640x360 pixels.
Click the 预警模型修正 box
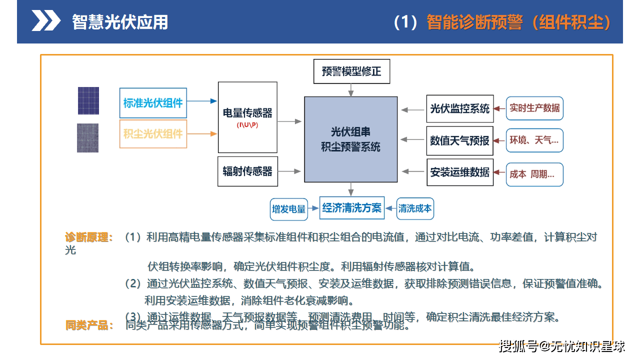coord(351,71)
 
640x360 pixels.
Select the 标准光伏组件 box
coord(153,103)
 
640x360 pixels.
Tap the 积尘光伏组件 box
coord(153,133)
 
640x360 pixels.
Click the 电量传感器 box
coord(247,117)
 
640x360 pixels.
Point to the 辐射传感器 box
coord(247,171)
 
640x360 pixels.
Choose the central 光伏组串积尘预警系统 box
coord(351,139)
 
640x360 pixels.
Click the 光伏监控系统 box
coord(459,108)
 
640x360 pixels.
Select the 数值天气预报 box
coord(459,140)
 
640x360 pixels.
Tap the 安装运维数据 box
coord(459,172)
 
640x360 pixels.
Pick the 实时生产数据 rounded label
coord(534,108)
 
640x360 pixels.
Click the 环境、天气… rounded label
coord(534,140)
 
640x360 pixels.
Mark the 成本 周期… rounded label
coord(534,174)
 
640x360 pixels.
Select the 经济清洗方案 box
coord(352,207)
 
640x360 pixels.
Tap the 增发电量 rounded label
coord(288,209)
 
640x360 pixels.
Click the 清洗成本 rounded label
coord(415,208)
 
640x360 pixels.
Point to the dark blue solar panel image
coord(88,100)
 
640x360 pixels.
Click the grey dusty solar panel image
coord(88,137)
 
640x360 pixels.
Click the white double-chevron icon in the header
coord(46,21)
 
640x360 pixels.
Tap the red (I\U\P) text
coord(247,125)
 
